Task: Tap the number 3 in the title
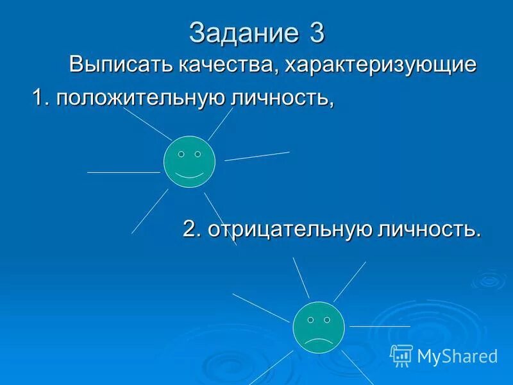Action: point(317,33)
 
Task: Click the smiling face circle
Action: point(189,162)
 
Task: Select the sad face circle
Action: point(319,326)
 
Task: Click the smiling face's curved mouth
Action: point(189,175)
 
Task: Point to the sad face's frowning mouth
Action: point(319,339)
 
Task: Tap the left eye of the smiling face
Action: point(181,154)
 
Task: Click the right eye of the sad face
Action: point(327,319)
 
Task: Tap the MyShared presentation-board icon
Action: point(401,355)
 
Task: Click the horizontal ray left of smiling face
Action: point(123,172)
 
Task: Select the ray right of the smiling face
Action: point(256,156)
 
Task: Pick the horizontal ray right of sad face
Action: point(370,326)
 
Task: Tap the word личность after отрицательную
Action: point(429,229)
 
